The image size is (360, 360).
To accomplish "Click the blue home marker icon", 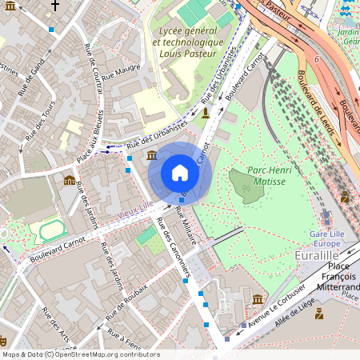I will [180, 173].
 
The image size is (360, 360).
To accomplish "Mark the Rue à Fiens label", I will [124, 337].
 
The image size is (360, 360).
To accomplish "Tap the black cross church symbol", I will [54, 5].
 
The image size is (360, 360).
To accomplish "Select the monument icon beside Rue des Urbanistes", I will [207, 113].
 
